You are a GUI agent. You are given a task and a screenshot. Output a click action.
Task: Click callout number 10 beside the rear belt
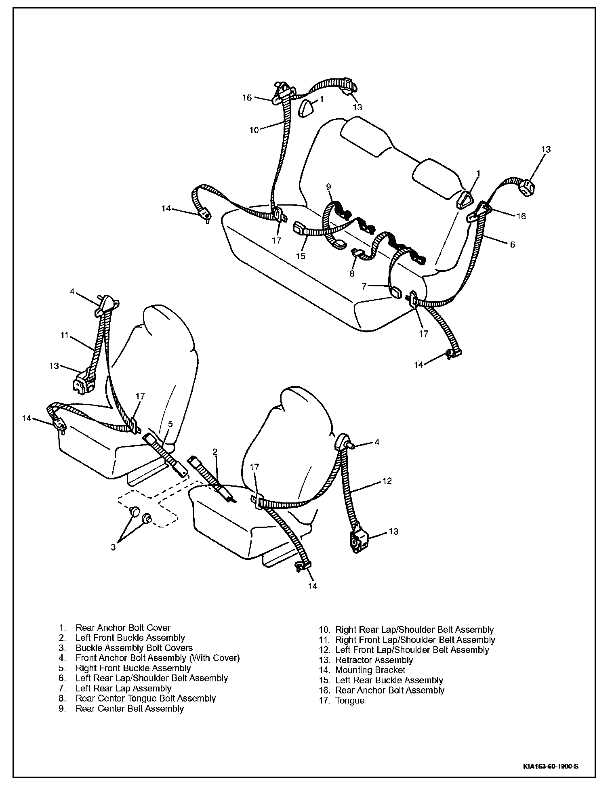[x=254, y=130]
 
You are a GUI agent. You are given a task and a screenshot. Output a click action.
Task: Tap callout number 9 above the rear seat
[x=328, y=187]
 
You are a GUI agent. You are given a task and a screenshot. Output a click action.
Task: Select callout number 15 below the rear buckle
[x=301, y=256]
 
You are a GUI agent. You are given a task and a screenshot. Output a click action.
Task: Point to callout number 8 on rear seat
[x=352, y=273]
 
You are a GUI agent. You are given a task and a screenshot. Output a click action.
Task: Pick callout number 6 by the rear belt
[x=513, y=244]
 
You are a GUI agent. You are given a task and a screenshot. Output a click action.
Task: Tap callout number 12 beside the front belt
[x=387, y=481]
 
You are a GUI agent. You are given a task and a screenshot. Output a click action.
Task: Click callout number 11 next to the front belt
[x=64, y=335]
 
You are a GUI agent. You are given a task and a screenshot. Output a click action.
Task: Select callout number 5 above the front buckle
[x=170, y=424]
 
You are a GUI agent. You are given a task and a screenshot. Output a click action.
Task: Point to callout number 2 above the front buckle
[x=215, y=452]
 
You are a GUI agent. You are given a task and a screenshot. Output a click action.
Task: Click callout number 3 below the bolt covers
[x=114, y=547]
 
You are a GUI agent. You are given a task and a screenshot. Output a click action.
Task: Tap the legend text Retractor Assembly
[x=374, y=660]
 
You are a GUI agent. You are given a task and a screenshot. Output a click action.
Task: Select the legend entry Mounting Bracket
[x=370, y=670]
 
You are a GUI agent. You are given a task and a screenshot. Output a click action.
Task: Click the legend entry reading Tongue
[x=350, y=700]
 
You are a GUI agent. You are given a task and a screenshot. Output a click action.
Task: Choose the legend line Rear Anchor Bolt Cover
[x=123, y=628]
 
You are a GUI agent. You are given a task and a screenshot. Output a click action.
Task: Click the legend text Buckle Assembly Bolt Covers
[x=134, y=648]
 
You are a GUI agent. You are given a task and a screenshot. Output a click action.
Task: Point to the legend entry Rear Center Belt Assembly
[x=130, y=708]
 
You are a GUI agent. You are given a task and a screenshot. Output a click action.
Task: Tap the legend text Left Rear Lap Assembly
[x=124, y=688]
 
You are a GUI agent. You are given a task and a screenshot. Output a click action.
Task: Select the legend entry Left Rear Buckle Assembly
[x=389, y=680]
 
